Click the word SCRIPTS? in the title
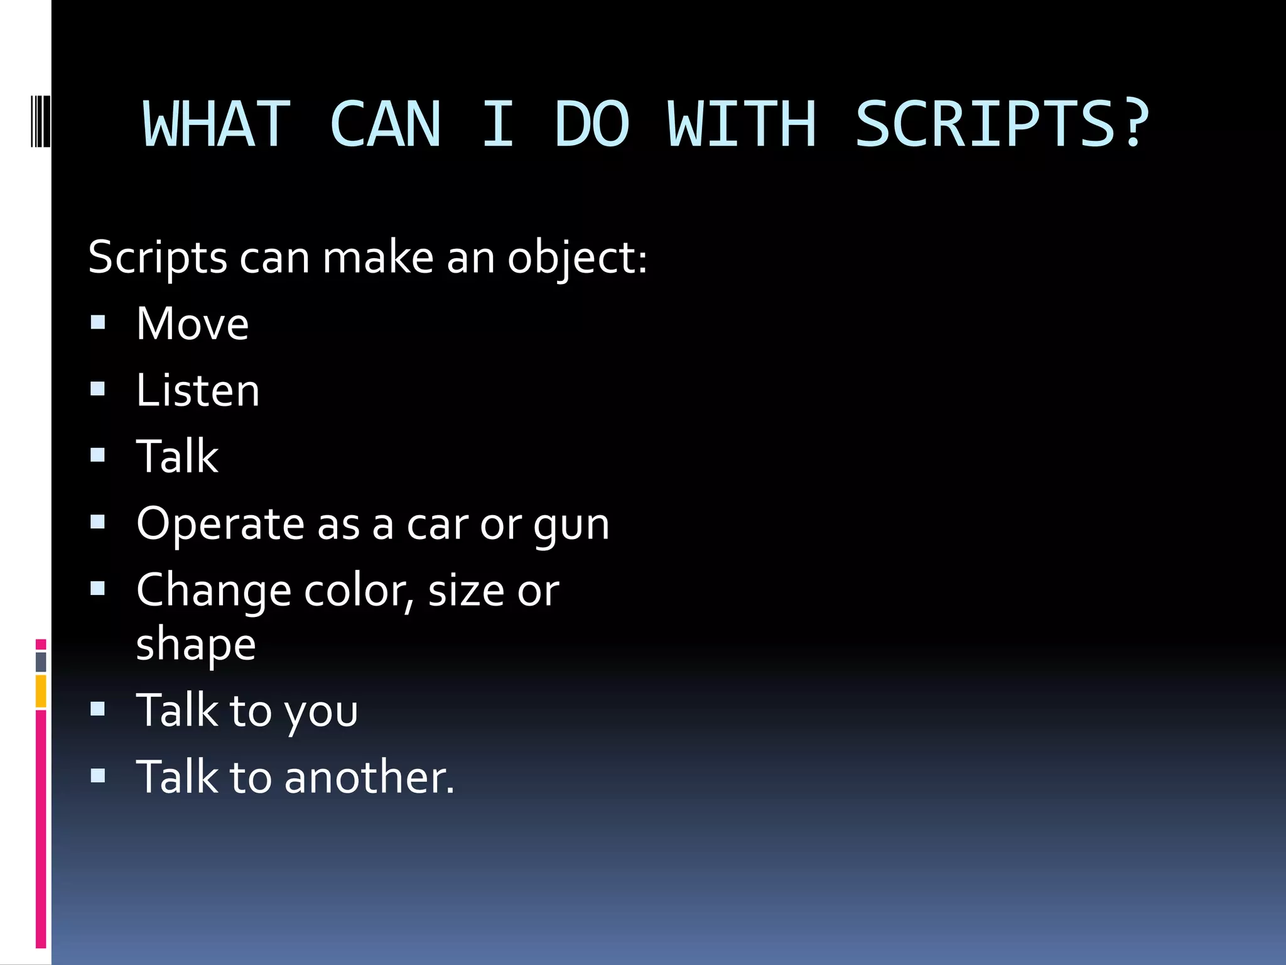tap(1002, 125)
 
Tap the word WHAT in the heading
tap(217, 125)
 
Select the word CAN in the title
tap(385, 125)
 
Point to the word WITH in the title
tap(742, 125)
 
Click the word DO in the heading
tap(592, 125)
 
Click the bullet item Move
tap(192, 324)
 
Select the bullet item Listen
tap(197, 391)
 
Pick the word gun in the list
tap(571, 525)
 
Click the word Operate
tap(220, 525)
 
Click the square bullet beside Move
tap(98, 323)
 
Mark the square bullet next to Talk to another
tap(98, 776)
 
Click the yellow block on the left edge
tap(41, 691)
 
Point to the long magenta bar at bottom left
tap(41, 829)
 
